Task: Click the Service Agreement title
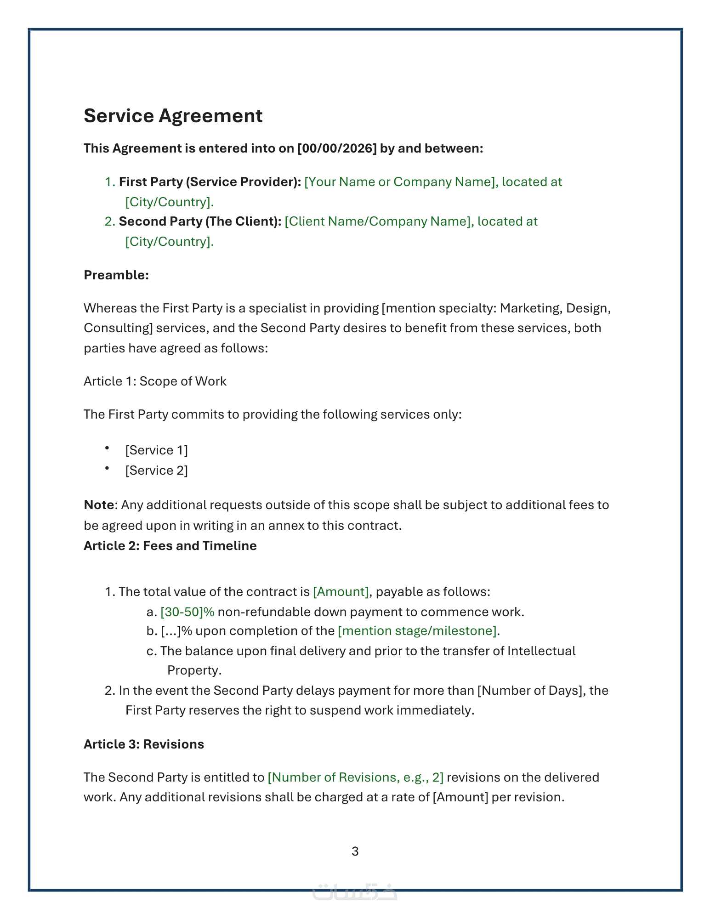pyautogui.click(x=173, y=116)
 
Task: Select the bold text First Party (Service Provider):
pyautogui.click(x=210, y=182)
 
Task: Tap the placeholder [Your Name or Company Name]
pyautogui.click(x=401, y=182)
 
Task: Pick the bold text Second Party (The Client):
pyautogui.click(x=200, y=221)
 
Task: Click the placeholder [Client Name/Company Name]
pyautogui.click(x=379, y=221)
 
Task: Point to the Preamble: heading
pyautogui.click(x=116, y=275)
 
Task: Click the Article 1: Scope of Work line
pyautogui.click(x=155, y=381)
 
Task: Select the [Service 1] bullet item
pyautogui.click(x=156, y=450)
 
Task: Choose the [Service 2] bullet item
pyautogui.click(x=156, y=471)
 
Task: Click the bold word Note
pyautogui.click(x=98, y=505)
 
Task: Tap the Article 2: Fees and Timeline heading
pyautogui.click(x=170, y=546)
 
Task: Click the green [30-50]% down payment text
pyautogui.click(x=187, y=612)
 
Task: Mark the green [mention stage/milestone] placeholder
pyautogui.click(x=417, y=631)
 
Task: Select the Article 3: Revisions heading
pyautogui.click(x=143, y=744)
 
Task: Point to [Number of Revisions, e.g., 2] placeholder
pyautogui.click(x=356, y=777)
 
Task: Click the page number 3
pyautogui.click(x=355, y=851)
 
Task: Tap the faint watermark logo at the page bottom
pyautogui.click(x=355, y=891)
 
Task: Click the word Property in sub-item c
pyautogui.click(x=194, y=670)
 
